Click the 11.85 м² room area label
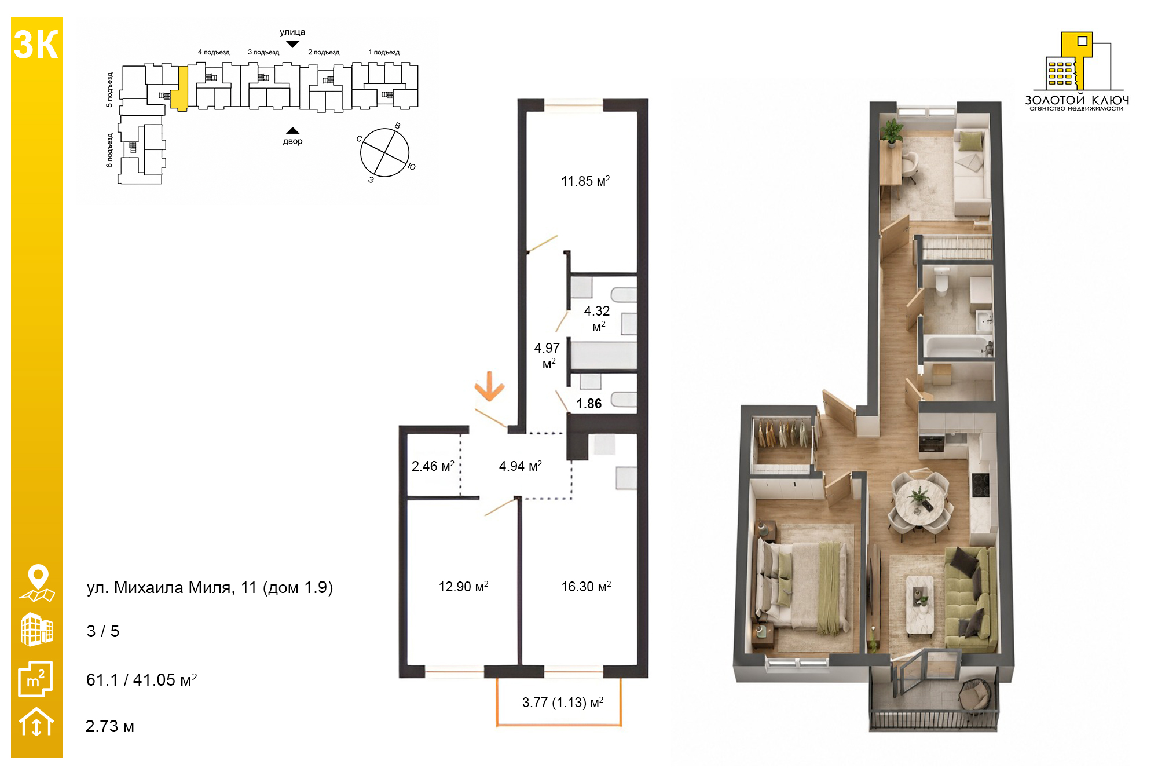tap(585, 181)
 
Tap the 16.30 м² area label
tap(586, 587)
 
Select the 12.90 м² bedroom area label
tap(463, 587)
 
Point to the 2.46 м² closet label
tap(433, 466)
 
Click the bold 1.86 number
tap(589, 404)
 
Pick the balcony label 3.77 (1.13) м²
tap(563, 703)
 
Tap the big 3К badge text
tap(36, 45)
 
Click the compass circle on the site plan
tap(384, 152)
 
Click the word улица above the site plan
tap(292, 32)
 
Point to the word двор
tap(293, 141)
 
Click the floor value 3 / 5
tap(103, 631)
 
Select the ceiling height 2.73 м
tap(110, 726)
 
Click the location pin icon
tap(38, 583)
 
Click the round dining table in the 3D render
tap(919, 502)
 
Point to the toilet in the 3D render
tap(941, 280)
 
